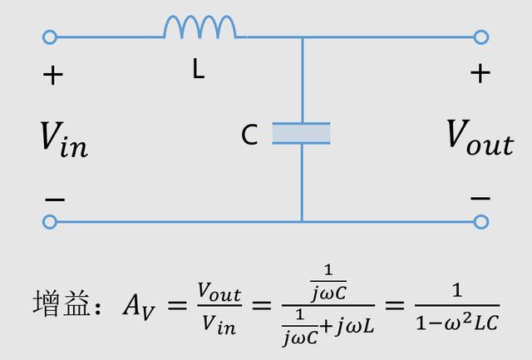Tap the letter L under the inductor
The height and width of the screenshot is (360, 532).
click(198, 70)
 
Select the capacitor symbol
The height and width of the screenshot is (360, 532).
click(301, 133)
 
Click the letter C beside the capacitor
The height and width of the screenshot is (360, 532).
click(249, 135)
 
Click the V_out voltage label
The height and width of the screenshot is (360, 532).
click(480, 136)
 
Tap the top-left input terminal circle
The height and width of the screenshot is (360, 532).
click(50, 37)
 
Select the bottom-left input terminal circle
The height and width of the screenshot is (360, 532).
click(50, 221)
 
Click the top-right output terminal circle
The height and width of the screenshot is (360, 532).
click(480, 37)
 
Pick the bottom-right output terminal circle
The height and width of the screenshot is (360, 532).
click(480, 221)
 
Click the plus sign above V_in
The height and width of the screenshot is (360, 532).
click(53, 76)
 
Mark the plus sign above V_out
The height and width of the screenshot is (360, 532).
click(480, 73)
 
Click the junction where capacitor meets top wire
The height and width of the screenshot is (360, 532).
click(302, 37)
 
